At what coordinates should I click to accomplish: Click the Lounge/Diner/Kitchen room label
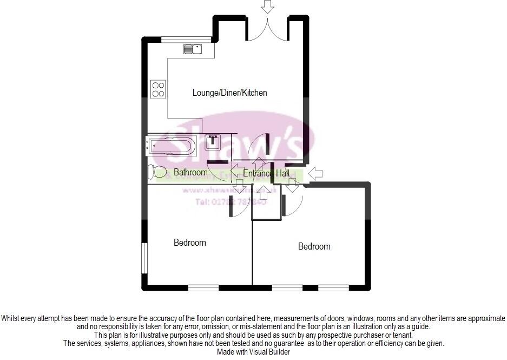point(229,93)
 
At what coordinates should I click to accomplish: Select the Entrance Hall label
point(266,173)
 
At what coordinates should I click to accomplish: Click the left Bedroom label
point(190,243)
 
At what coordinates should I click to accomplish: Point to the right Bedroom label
point(314,246)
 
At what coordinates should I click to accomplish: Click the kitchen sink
point(192,50)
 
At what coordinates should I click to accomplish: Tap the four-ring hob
point(158,89)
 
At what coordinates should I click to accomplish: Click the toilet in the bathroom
point(159,172)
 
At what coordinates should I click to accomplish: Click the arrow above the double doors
point(267,7)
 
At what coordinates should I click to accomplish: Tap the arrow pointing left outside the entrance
point(315,174)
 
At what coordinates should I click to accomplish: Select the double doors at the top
point(267,31)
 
